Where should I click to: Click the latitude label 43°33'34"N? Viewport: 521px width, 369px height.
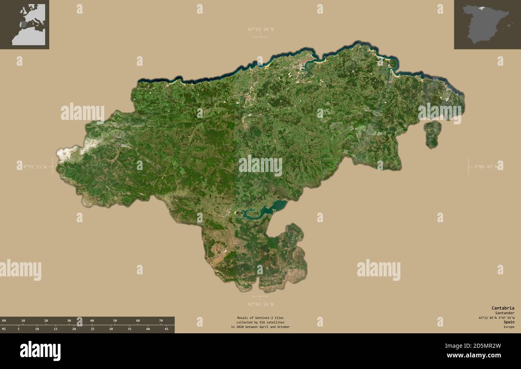(260, 29)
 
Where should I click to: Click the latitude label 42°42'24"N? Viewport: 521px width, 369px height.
(260, 304)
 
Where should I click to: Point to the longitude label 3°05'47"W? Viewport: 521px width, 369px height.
(486, 166)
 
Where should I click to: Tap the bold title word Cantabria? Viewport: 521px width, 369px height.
(503, 308)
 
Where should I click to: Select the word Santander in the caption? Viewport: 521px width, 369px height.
(505, 313)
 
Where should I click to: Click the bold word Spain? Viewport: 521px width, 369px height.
(509, 322)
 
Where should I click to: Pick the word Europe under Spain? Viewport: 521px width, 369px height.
(509, 327)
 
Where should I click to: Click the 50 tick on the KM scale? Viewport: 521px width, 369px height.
(115, 320)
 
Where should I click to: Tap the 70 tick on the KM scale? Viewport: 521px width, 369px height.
(161, 320)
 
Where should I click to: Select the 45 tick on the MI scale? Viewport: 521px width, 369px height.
(166, 329)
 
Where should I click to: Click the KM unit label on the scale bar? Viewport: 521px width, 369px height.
(4, 320)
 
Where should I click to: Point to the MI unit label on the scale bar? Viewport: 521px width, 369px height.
(4, 329)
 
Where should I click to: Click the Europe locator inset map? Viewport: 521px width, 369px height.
(24, 24)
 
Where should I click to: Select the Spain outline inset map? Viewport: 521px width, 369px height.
(487, 24)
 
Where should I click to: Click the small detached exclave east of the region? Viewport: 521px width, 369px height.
(432, 134)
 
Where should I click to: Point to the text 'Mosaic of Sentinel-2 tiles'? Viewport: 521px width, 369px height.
(260, 318)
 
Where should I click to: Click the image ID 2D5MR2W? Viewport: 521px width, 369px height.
(482, 346)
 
